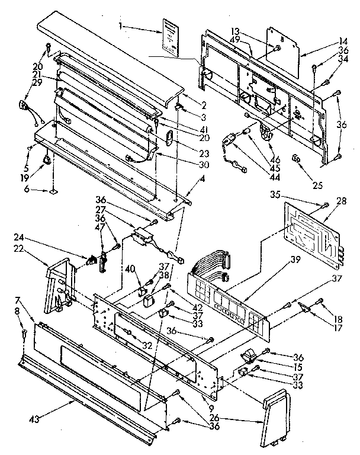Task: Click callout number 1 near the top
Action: tap(120, 27)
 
